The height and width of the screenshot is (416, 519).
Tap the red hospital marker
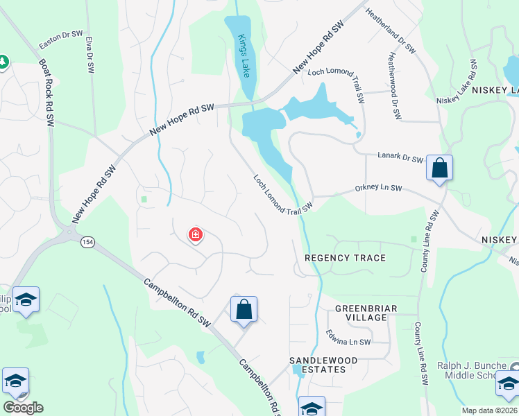(x=196, y=236)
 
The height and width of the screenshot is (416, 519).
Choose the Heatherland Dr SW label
(x=390, y=32)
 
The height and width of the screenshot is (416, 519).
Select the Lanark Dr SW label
(x=400, y=159)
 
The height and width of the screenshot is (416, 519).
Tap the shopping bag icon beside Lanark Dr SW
(x=439, y=168)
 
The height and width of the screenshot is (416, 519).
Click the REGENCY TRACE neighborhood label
(x=345, y=258)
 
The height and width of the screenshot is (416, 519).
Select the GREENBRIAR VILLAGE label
(x=361, y=312)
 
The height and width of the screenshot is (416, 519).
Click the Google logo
(x=23, y=408)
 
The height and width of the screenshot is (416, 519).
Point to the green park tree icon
(x=3, y=62)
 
